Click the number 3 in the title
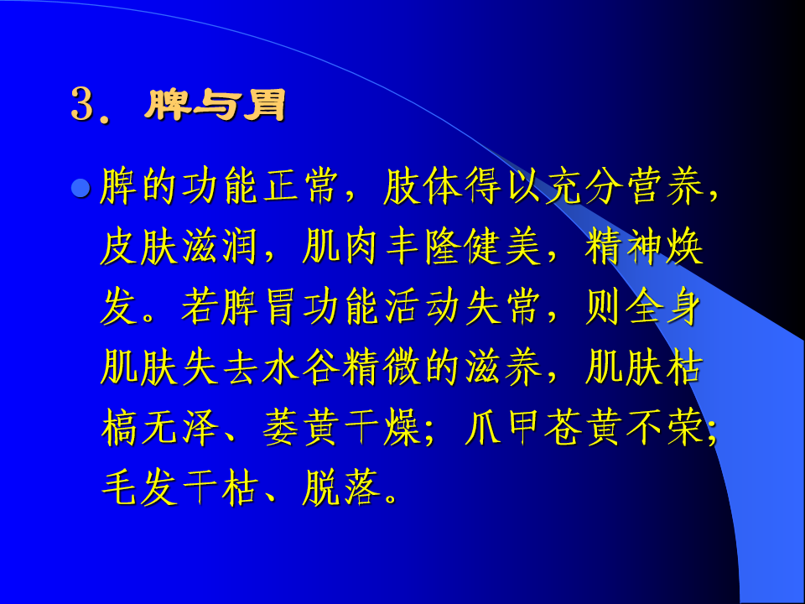pyautogui.click(x=83, y=106)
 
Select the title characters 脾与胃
pyautogui.click(x=215, y=106)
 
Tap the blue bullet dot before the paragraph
pyautogui.click(x=81, y=189)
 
